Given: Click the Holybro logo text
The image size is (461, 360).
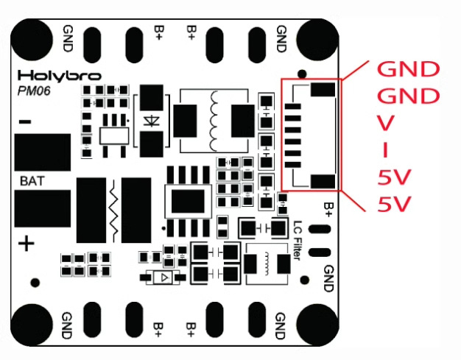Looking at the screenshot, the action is [x=60, y=76].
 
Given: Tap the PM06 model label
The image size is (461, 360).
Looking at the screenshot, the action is [x=34, y=91].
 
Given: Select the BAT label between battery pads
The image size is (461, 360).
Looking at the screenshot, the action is [x=32, y=181].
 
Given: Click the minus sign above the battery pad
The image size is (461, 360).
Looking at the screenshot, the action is [x=25, y=121].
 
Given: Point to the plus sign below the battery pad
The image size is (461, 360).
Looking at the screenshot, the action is [x=27, y=244].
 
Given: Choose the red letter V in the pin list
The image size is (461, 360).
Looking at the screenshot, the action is [x=385, y=123].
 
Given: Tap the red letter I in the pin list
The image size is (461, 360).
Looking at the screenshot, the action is [x=385, y=149].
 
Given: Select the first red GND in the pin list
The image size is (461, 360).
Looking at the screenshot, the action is [x=409, y=69].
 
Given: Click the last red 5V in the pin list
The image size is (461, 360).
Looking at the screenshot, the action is [x=394, y=204].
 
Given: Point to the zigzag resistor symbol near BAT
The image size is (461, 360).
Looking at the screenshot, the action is [x=113, y=210].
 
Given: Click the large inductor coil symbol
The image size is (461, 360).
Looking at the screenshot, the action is [x=214, y=121].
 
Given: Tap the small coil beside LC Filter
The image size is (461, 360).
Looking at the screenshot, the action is [x=267, y=264].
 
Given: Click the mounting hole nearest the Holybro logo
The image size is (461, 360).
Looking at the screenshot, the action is [x=32, y=40].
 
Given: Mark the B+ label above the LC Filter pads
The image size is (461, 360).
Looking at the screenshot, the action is [x=328, y=210].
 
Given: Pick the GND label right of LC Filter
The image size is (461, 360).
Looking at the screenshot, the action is [x=328, y=278].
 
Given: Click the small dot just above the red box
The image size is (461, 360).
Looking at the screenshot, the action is [x=302, y=74].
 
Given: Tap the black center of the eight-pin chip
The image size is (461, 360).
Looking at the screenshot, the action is [x=188, y=201].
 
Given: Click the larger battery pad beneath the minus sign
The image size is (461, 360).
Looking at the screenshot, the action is [x=43, y=152].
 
